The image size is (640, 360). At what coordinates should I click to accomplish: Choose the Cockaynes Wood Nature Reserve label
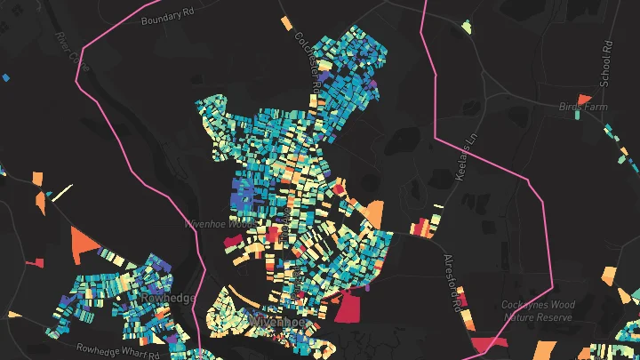point(539,310)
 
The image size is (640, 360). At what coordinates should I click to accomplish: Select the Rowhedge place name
point(168,298)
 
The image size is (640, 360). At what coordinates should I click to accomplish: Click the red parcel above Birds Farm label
point(584,98)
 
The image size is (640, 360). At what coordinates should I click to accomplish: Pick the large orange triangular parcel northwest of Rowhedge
point(83,241)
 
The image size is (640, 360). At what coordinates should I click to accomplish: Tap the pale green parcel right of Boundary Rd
point(466,26)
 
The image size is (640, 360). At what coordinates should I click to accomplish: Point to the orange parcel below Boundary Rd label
point(284,22)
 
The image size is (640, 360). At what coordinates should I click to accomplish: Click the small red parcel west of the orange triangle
point(36,263)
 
